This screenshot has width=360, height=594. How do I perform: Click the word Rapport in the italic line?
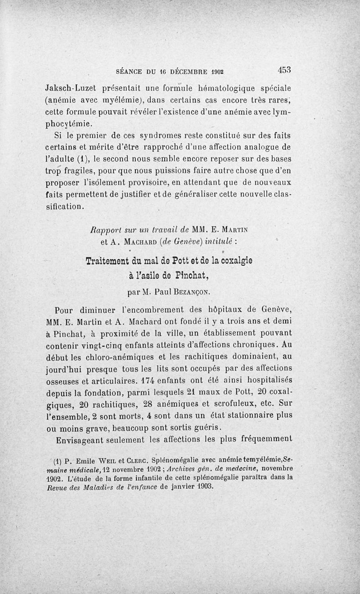tap(104, 230)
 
